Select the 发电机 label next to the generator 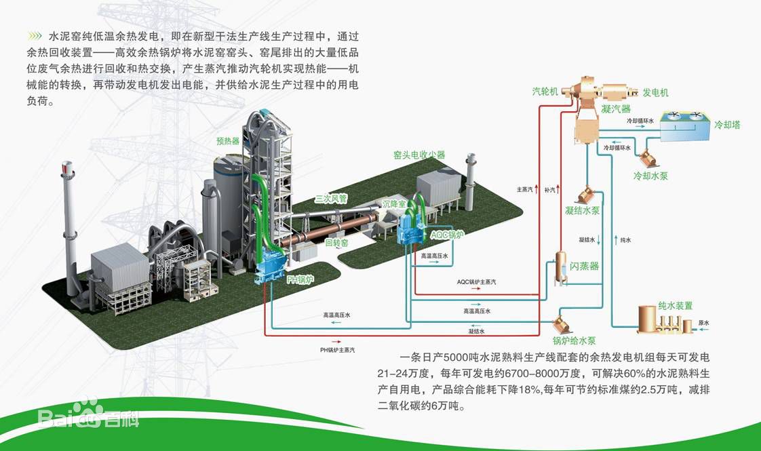(655, 92)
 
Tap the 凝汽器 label (616, 109)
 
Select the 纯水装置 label (675, 306)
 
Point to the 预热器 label (228, 141)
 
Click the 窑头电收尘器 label (419, 155)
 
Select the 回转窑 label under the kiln (336, 242)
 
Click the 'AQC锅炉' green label (448, 235)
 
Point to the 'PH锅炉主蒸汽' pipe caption (337, 350)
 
